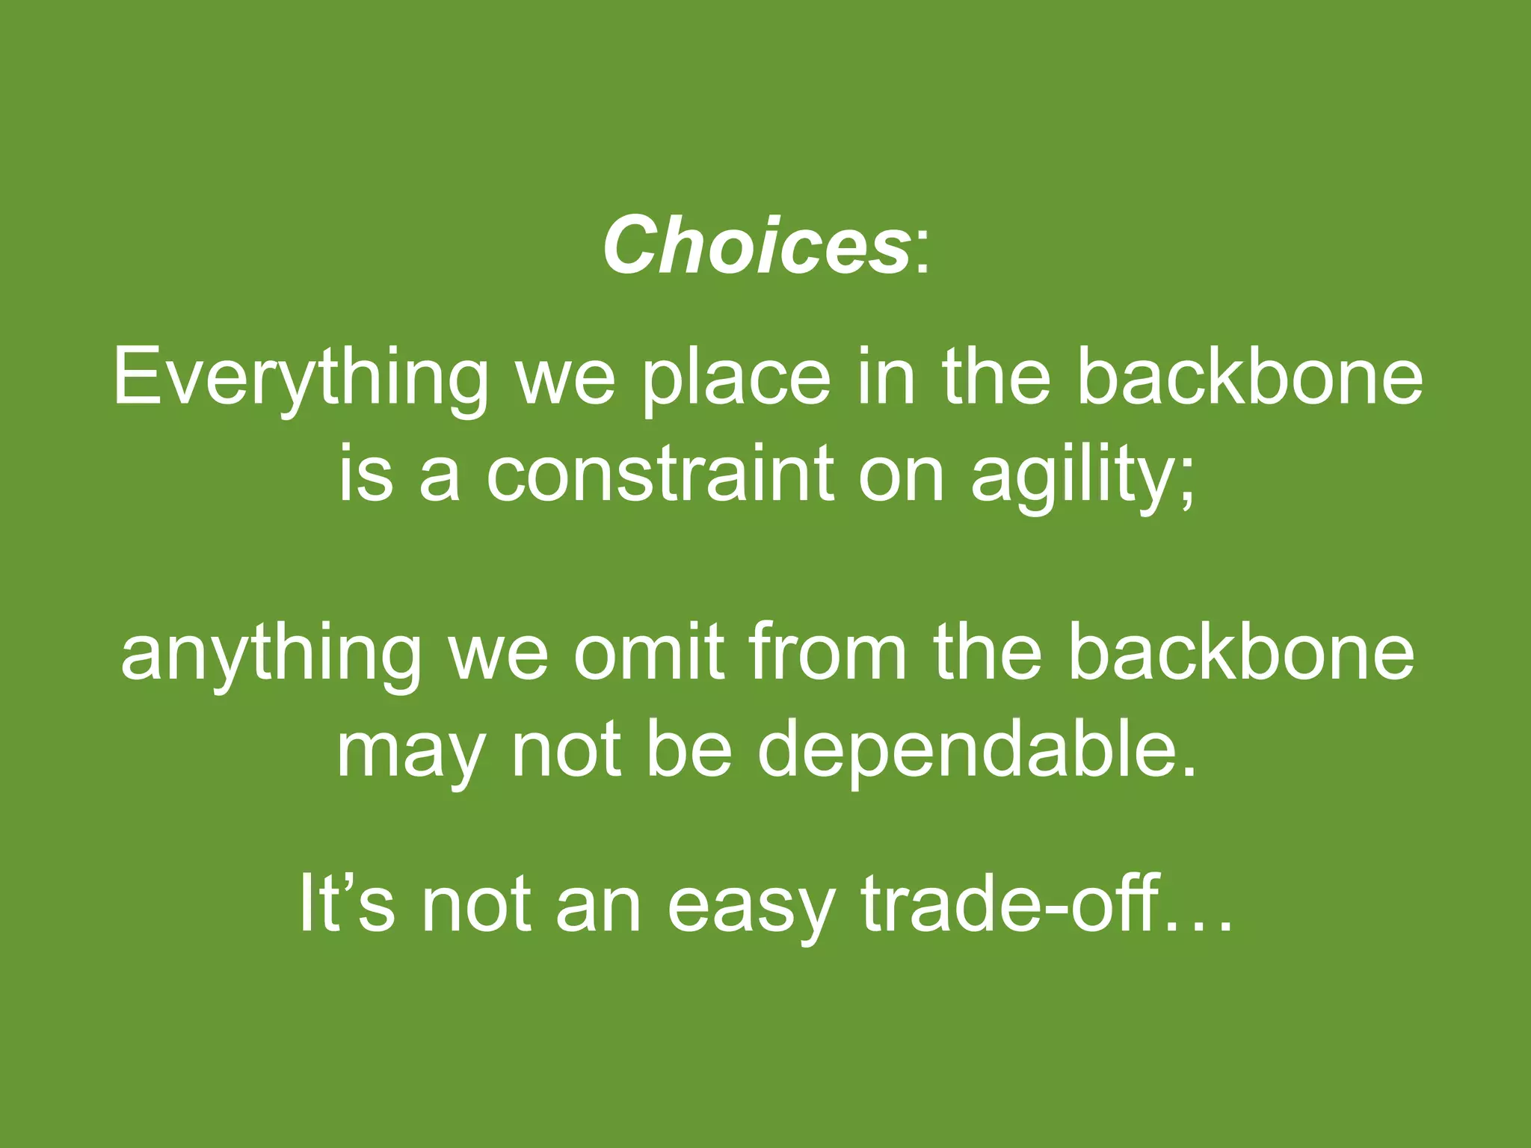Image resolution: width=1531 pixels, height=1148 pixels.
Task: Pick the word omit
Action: (x=649, y=652)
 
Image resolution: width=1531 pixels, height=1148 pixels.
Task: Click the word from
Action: (x=827, y=652)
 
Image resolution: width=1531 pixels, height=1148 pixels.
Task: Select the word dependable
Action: (x=977, y=750)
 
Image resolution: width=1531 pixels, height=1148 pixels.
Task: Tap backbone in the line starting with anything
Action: (x=1241, y=652)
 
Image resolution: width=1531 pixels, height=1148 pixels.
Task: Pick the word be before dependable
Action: (x=689, y=750)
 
